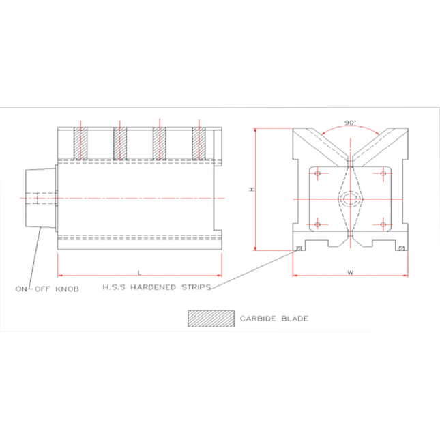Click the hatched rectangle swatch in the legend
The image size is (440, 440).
coord(210,318)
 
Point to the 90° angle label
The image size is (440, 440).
coord(351,123)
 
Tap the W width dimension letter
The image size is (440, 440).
coord(350,272)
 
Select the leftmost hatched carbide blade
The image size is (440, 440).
coord(81,143)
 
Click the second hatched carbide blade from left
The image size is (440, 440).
coord(120,143)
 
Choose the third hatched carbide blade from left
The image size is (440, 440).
coord(159,143)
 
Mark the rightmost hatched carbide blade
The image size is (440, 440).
coord(199,143)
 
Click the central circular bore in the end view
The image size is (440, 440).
coord(350,199)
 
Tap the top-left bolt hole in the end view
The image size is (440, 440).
coord(317,174)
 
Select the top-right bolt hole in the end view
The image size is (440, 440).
coord(383,174)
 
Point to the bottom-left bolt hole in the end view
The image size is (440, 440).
coord(317,224)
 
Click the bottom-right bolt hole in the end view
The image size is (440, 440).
coord(383,224)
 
